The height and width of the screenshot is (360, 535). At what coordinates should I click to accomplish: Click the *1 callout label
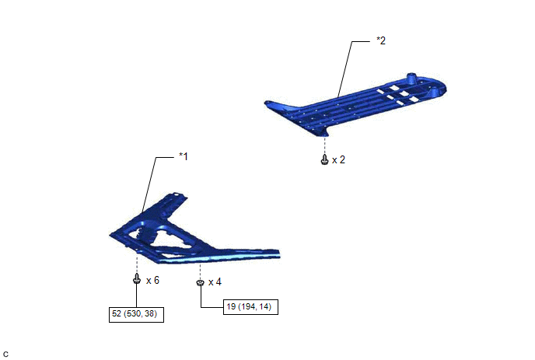(x=184, y=156)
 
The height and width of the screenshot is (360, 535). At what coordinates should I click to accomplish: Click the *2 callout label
(x=381, y=40)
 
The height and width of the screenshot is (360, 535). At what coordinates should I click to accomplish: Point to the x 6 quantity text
(x=153, y=281)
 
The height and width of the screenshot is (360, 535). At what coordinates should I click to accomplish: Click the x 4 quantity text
(x=215, y=282)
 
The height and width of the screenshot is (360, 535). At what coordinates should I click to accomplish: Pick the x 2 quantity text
(x=338, y=160)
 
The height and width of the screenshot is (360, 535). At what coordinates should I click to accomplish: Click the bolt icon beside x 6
(x=137, y=278)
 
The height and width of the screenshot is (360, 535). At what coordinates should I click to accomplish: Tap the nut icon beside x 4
(x=201, y=282)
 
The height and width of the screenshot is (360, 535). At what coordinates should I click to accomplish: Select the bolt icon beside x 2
(x=324, y=159)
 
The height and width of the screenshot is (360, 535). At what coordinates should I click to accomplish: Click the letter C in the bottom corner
(x=5, y=355)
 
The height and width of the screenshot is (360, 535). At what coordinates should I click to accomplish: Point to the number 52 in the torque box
(x=117, y=313)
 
